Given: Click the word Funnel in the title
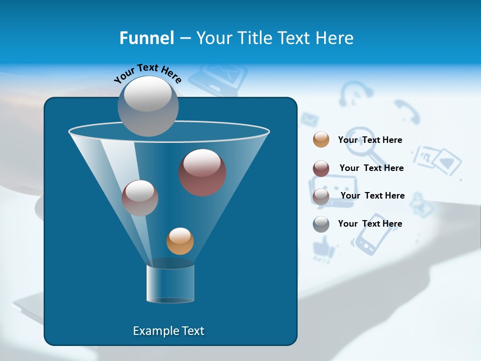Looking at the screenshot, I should point(146,38).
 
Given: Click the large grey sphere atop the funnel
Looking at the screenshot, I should point(148,106).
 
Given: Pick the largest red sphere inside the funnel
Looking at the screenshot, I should point(202,172).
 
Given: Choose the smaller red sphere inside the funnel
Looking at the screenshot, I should point(140,198).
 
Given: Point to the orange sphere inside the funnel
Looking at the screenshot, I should point(180,241).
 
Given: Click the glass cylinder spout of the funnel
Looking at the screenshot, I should point(170,284).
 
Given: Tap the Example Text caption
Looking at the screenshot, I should point(168,331).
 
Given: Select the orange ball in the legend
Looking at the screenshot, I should point(321,139).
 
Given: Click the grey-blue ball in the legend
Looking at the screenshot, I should point(321,224).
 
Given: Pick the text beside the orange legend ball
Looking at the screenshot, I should point(370,140).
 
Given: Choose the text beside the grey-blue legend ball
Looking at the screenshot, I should point(370,224).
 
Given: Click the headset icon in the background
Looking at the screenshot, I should point(356,94).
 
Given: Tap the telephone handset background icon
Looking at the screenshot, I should point(407,111).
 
